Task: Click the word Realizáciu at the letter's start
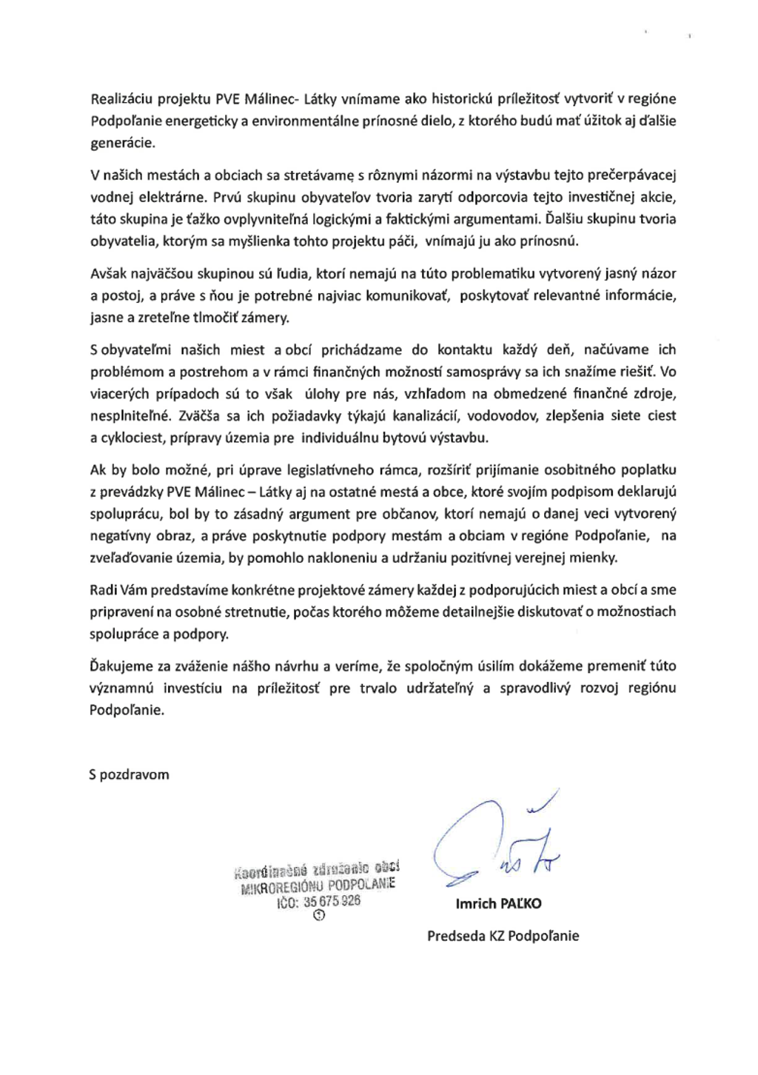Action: click(x=121, y=99)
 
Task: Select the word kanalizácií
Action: click(x=426, y=416)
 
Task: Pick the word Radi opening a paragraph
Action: click(x=104, y=592)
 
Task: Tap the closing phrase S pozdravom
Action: click(x=130, y=775)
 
